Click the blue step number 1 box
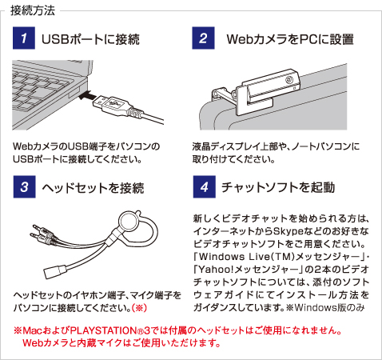[x=24, y=38]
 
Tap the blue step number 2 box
[x=203, y=38]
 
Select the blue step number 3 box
[x=24, y=186]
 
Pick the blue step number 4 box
[x=205, y=186]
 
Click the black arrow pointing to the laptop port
[x=87, y=95]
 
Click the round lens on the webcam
[x=289, y=80]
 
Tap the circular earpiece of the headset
[x=128, y=222]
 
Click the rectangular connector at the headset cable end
[x=54, y=271]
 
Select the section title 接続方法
[x=33, y=10]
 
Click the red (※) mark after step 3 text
[x=139, y=308]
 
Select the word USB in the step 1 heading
[x=55, y=39]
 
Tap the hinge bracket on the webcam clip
[x=223, y=94]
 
